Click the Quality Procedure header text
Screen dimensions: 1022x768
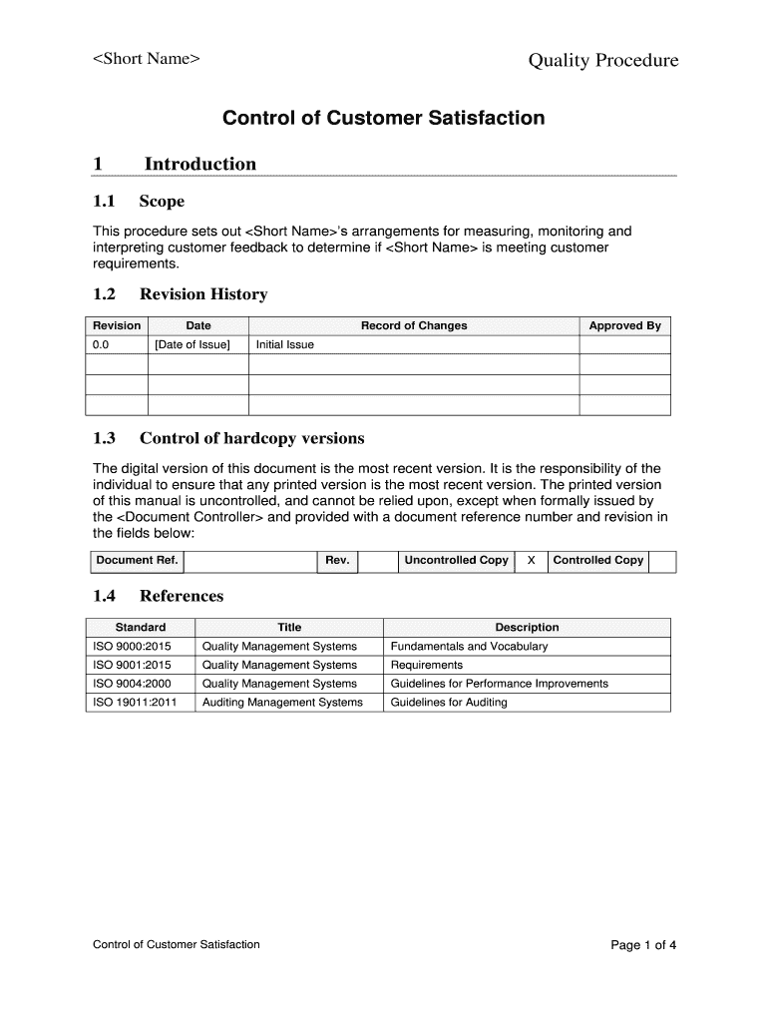[602, 61]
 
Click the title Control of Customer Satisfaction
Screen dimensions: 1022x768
[383, 118]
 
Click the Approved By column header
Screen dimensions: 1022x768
[624, 326]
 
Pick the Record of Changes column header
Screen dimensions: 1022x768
[413, 326]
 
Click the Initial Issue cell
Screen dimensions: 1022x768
[285, 345]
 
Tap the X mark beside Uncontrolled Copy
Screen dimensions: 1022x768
[531, 561]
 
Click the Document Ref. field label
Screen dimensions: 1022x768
[137, 561]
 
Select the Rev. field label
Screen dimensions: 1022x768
[337, 561]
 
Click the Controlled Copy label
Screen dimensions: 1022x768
[597, 561]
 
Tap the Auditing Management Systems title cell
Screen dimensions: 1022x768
[282, 703]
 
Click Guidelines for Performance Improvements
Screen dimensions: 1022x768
[499, 684]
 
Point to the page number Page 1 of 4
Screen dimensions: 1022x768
[643, 945]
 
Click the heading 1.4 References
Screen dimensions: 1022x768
[158, 597]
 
